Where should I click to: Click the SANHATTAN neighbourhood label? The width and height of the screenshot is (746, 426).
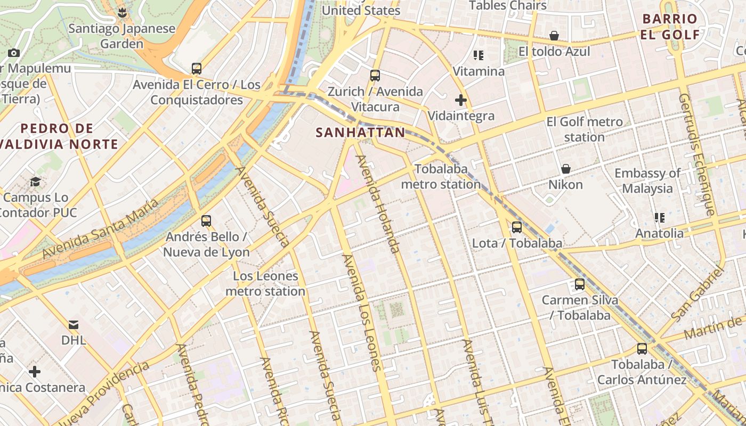tap(360, 133)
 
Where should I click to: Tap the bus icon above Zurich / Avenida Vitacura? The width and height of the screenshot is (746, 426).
tap(375, 76)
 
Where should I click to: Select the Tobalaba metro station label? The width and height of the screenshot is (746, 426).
tap(441, 177)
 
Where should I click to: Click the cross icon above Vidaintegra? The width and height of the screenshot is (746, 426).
tap(461, 100)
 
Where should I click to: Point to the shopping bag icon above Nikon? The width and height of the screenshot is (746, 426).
tap(566, 169)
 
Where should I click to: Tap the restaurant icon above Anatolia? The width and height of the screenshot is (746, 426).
tap(660, 218)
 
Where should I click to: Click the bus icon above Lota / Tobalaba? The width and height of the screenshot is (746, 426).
tap(516, 227)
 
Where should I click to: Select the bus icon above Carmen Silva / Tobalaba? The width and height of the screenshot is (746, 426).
tap(580, 284)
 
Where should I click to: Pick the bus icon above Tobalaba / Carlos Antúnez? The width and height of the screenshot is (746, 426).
tap(642, 349)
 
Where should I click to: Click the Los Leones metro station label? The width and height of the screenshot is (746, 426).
tap(265, 284)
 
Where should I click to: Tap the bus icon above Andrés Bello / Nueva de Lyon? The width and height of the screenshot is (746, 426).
tap(206, 221)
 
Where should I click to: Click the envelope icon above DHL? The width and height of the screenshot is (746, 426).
tap(74, 324)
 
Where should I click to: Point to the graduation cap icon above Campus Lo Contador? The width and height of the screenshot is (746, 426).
tap(35, 182)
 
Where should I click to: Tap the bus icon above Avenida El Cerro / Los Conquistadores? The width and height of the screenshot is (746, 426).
tap(197, 69)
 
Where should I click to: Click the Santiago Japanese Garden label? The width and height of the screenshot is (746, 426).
tap(122, 36)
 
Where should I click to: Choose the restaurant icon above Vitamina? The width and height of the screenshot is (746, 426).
tap(478, 55)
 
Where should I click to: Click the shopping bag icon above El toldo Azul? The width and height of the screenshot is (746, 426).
tap(554, 36)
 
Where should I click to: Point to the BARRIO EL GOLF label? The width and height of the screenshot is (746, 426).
tap(670, 27)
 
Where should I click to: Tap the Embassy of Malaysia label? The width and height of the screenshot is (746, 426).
tap(647, 181)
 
